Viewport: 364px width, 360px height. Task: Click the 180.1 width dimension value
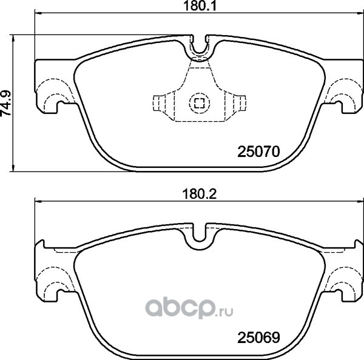(x=200, y=6)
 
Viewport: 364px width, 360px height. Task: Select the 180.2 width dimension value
(x=200, y=195)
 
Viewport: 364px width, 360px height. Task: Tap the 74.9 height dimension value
(x=6, y=103)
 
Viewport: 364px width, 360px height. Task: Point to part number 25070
(x=258, y=152)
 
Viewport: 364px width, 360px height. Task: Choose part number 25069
(x=258, y=338)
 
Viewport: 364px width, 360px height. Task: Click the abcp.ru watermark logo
(x=189, y=308)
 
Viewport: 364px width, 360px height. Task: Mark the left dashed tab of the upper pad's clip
(x=164, y=103)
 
